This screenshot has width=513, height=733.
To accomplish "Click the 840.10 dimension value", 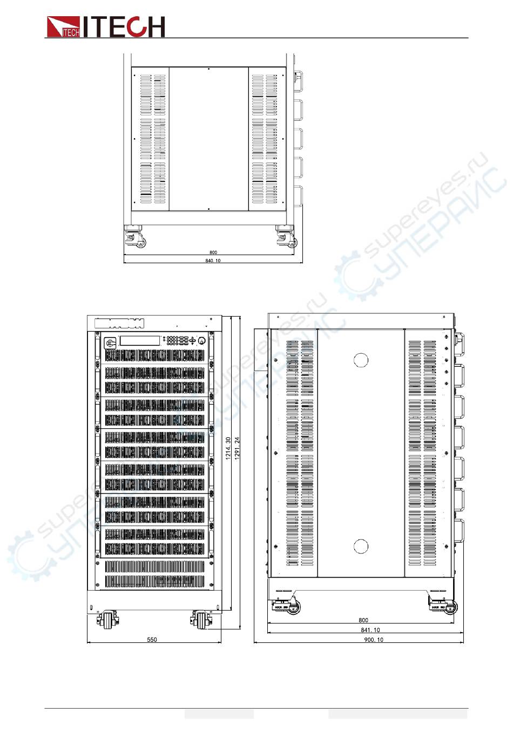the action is click(213, 261).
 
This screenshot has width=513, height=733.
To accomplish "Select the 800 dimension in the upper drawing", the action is click(213, 252).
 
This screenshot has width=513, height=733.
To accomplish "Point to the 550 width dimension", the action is click(152, 640).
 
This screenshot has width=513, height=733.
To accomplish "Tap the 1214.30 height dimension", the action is click(228, 448).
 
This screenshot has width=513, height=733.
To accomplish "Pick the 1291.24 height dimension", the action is click(237, 448).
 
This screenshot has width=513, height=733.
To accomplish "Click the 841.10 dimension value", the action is click(370, 630).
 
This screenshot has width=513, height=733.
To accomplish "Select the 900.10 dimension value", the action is click(373, 640).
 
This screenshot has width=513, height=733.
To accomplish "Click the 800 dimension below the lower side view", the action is click(363, 620).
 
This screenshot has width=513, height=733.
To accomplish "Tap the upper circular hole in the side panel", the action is click(361, 360).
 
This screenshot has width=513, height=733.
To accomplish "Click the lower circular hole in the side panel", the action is click(361, 546).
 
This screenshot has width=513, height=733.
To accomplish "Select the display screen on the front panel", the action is click(140, 340).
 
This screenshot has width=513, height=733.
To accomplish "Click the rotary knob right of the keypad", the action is click(202, 340).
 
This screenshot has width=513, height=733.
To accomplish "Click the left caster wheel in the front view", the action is click(109, 619).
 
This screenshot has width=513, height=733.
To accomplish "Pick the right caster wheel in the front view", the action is click(200, 619).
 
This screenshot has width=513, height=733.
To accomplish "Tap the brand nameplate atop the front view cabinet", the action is click(119, 324).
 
